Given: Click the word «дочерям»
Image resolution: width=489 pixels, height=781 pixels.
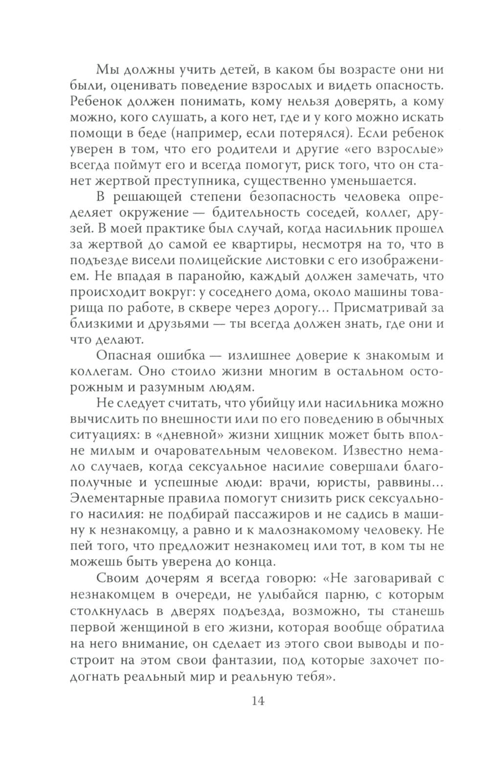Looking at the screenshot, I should click(169, 578).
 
